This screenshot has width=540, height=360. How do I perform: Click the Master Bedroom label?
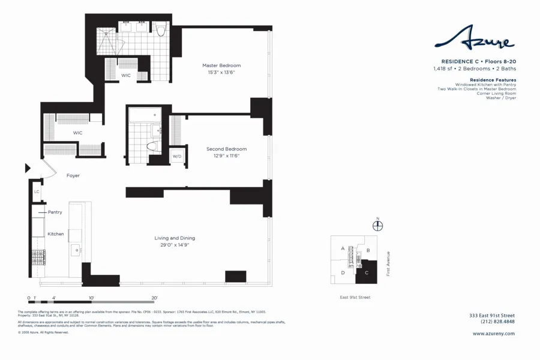pyautogui.click(x=221, y=65)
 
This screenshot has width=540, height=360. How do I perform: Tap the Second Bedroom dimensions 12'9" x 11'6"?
pyautogui.click(x=226, y=156)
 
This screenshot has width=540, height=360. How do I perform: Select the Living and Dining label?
pyautogui.click(x=175, y=238)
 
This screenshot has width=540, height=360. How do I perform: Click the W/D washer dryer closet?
pyautogui.click(x=177, y=156)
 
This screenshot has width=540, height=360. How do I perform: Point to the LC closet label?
pyautogui.click(x=37, y=192)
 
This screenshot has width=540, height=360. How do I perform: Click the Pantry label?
pyautogui.click(x=55, y=212)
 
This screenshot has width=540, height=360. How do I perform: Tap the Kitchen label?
pyautogui.click(x=56, y=234)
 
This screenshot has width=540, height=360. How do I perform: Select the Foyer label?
pyautogui.click(x=73, y=176)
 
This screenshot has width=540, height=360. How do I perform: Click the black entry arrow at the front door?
pyautogui.click(x=28, y=169)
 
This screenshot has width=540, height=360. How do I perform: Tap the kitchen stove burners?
pyautogui.click(x=38, y=257)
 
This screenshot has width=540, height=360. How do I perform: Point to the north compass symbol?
pyautogui.click(x=377, y=226)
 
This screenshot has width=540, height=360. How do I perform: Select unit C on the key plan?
pyautogui.click(x=365, y=274)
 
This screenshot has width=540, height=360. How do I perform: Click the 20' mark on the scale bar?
pyautogui.click(x=154, y=298)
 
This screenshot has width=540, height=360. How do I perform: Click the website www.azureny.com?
pyautogui.click(x=489, y=334)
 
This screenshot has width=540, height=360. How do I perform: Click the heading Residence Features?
pyautogui.click(x=493, y=80)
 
